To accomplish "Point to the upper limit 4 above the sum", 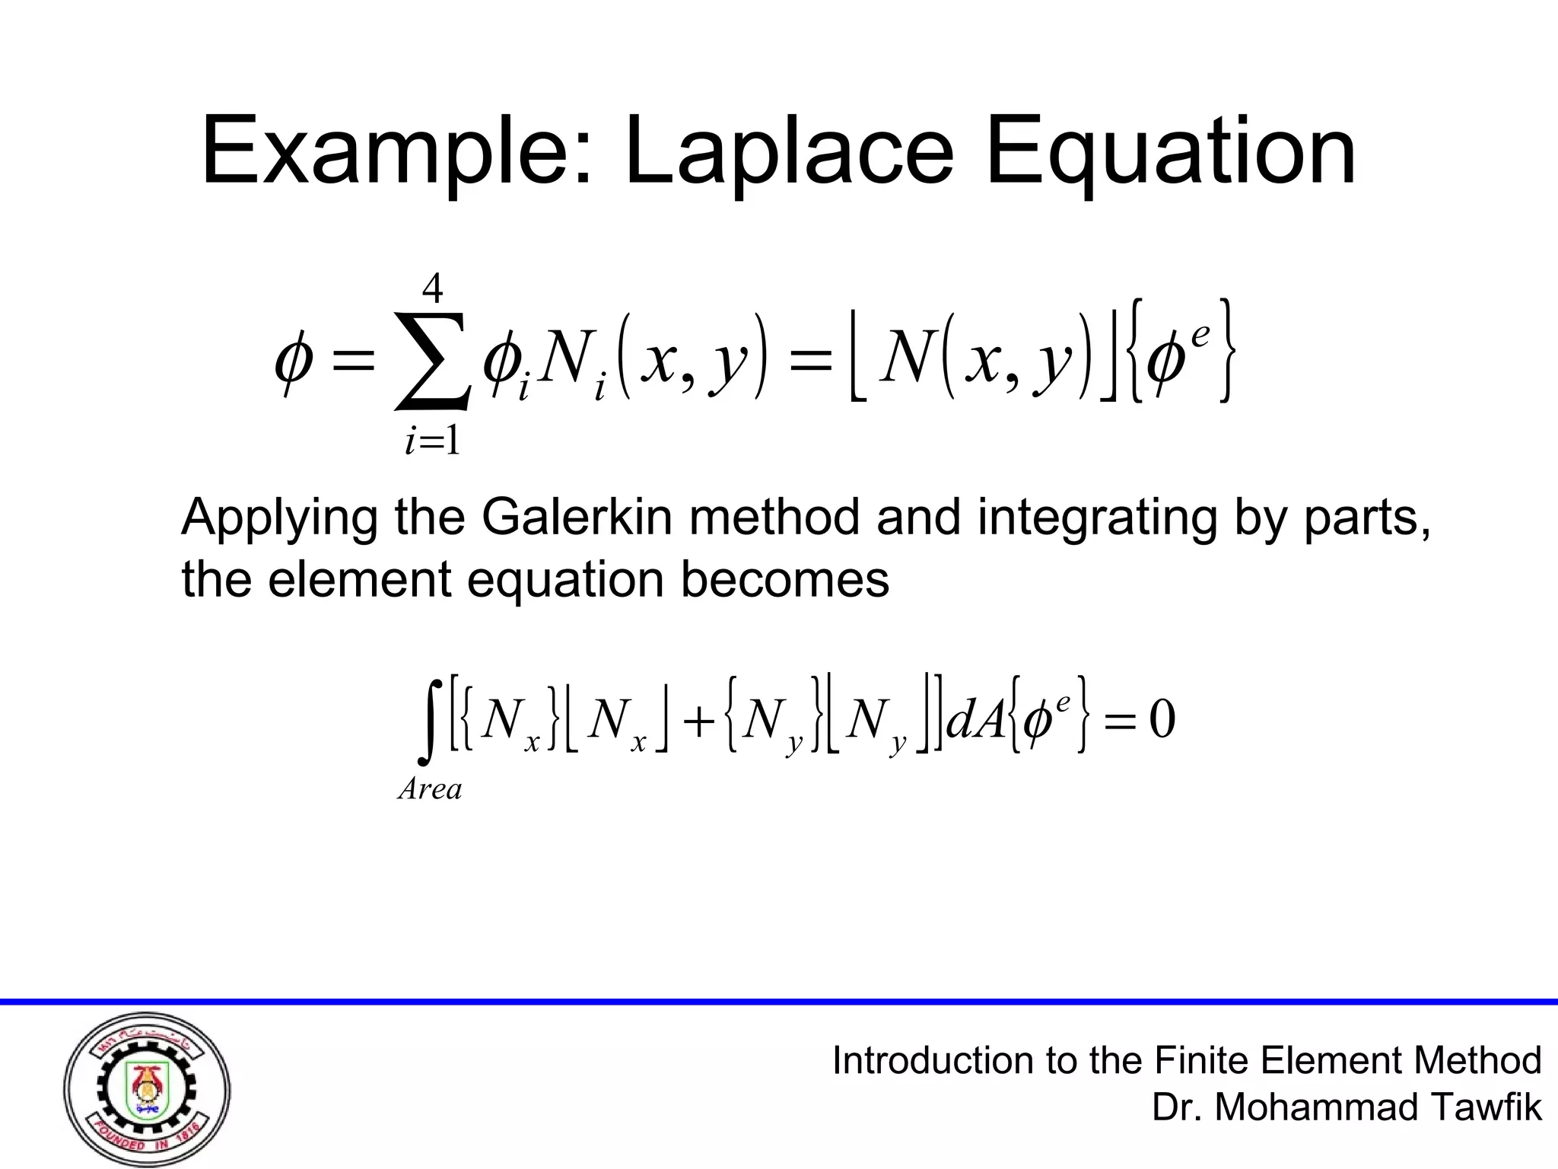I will tap(433, 289).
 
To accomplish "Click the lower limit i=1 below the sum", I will tap(433, 441).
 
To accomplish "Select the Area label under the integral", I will tap(430, 789).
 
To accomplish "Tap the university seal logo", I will tap(146, 1091).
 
